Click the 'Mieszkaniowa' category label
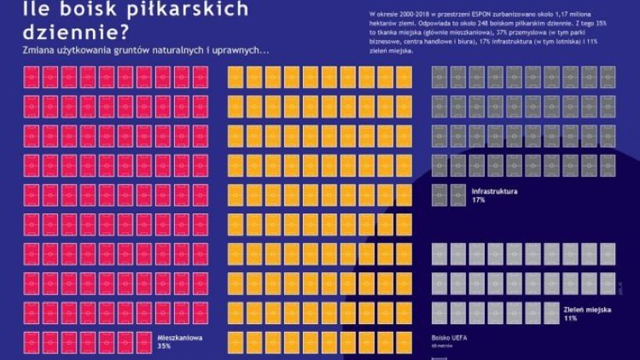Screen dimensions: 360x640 coord(177,336)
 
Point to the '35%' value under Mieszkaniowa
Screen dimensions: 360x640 coord(165,345)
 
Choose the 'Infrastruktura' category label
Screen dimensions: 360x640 coord(495,191)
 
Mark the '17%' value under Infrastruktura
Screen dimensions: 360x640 coord(478,200)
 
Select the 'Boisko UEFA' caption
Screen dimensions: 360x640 coord(451,338)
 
